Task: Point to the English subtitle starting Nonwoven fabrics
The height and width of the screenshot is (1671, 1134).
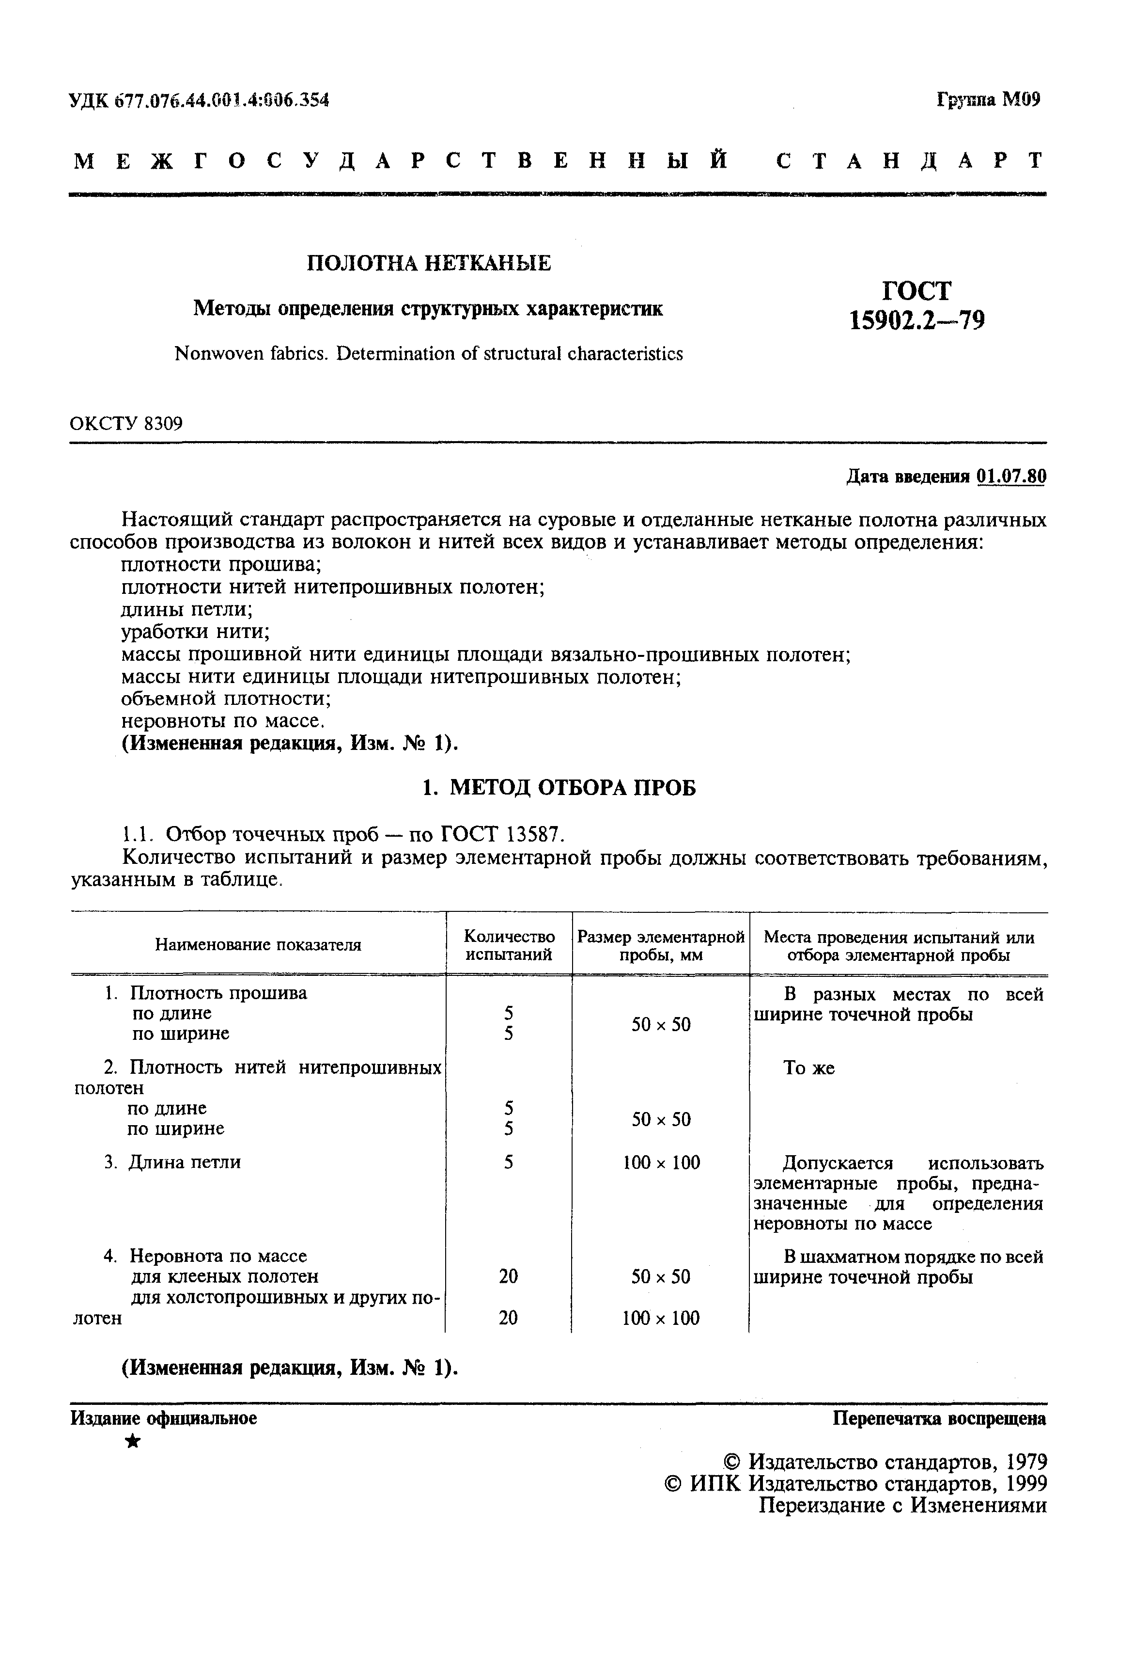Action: (x=428, y=354)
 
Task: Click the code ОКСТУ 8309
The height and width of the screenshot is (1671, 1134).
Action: (x=126, y=424)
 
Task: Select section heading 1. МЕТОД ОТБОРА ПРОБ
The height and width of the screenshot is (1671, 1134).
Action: (x=559, y=789)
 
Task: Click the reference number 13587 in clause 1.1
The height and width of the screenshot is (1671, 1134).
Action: (x=532, y=834)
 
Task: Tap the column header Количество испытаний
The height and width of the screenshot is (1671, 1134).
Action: (x=509, y=945)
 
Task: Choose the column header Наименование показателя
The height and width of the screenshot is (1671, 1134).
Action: (x=258, y=945)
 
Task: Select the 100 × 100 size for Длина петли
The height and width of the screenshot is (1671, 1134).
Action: (x=660, y=1162)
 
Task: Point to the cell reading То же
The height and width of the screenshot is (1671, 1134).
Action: (x=808, y=1068)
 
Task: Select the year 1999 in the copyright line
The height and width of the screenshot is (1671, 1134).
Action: (x=1025, y=1484)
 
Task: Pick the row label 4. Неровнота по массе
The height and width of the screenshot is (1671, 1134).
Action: (x=206, y=1256)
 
